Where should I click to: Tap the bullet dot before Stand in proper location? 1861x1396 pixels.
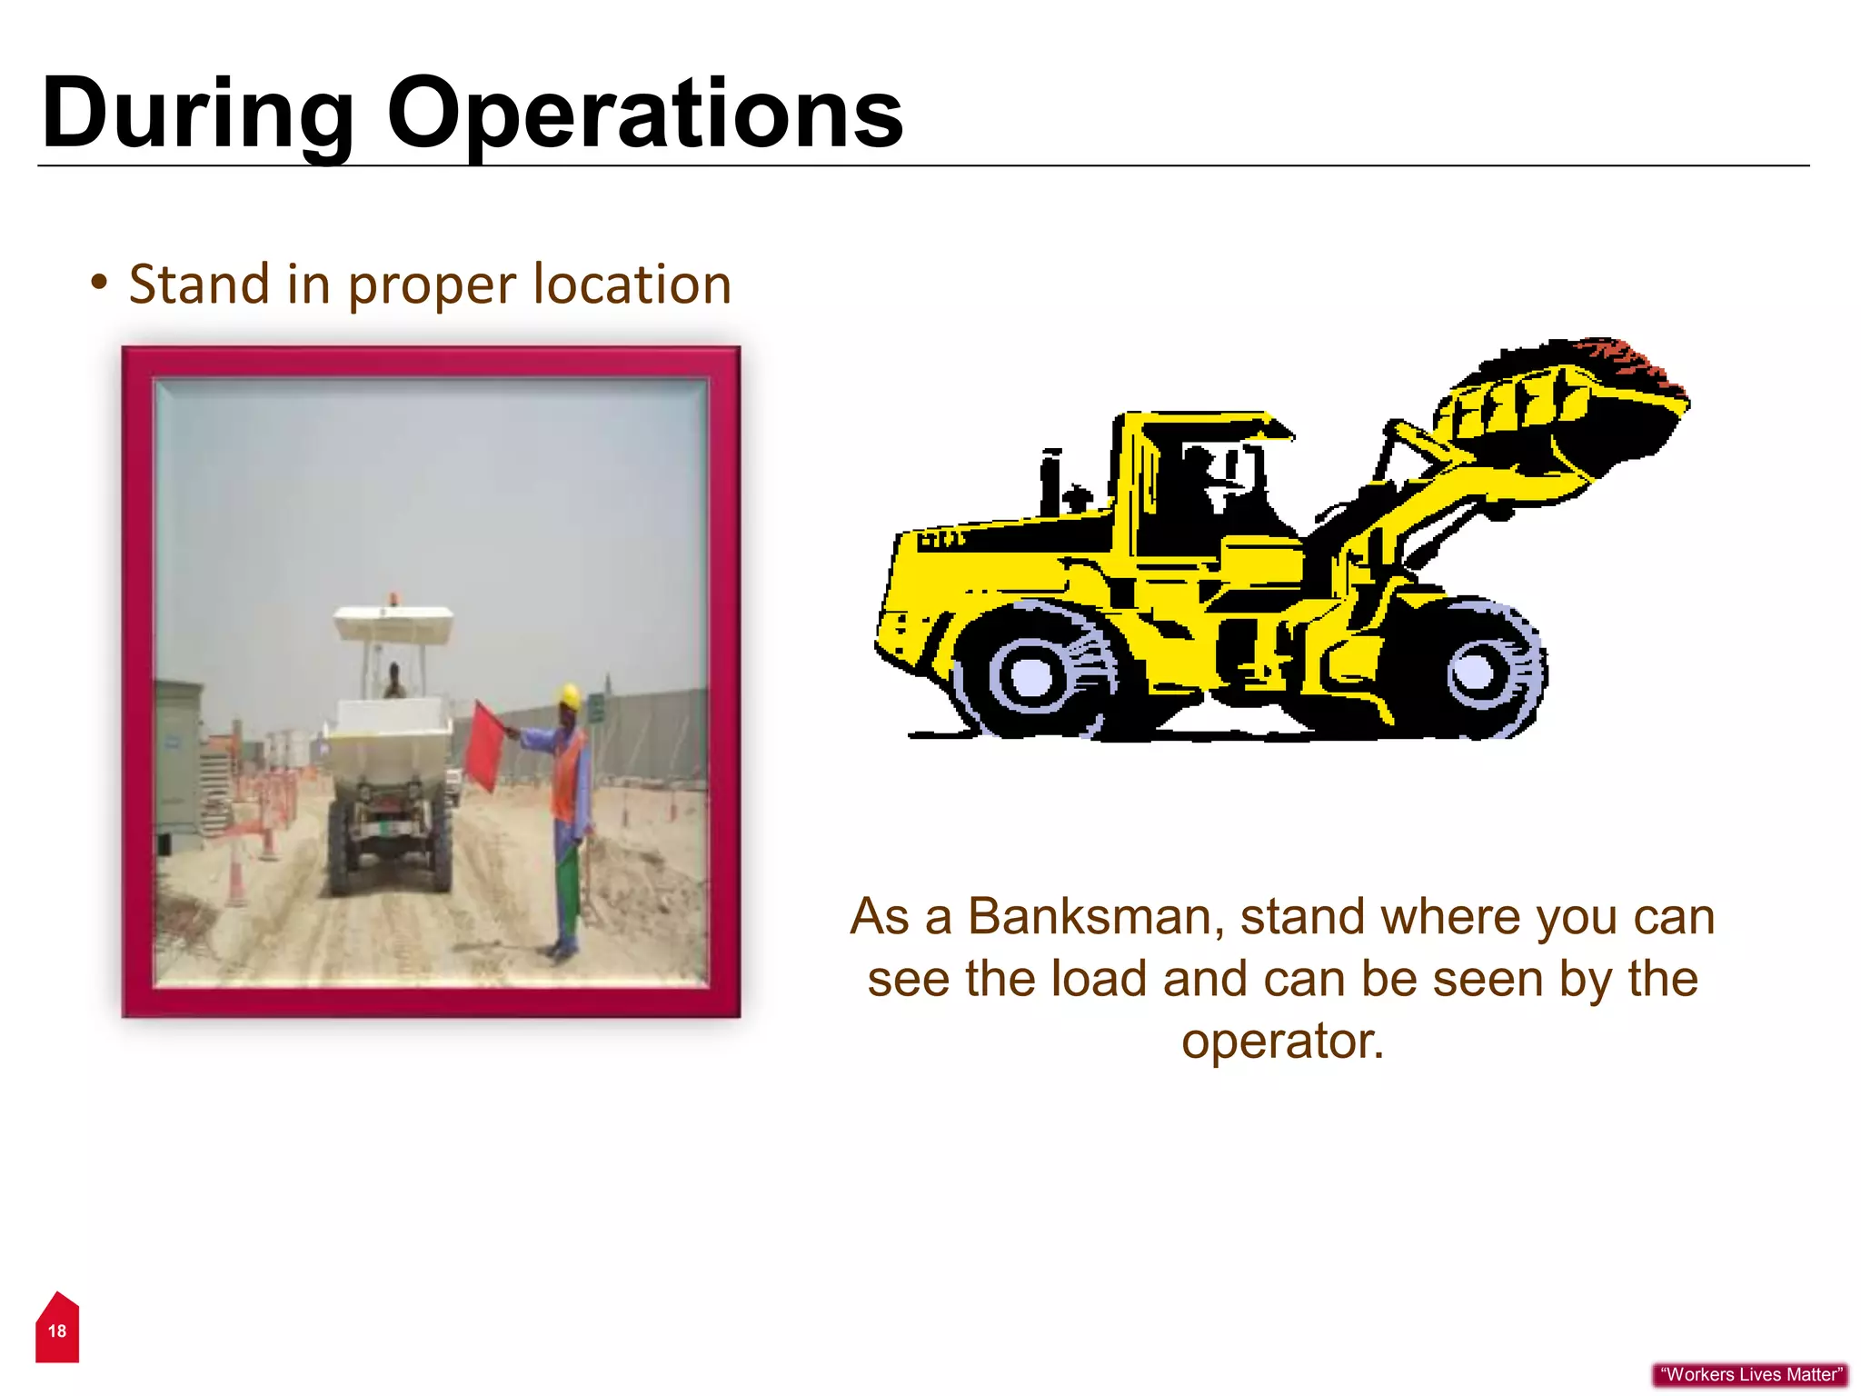(99, 282)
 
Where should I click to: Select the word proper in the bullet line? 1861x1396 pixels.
(433, 285)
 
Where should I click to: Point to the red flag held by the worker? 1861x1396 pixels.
(483, 745)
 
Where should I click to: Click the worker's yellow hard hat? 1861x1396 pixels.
(570, 696)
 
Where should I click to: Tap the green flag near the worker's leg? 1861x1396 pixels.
(567, 882)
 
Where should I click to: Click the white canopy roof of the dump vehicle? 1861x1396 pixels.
(393, 623)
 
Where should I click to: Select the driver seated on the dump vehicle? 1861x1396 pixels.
(394, 681)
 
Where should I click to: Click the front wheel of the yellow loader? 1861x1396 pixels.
(1479, 670)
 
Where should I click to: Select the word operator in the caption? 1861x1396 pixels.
(1281, 1041)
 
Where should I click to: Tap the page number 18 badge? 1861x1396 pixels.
(57, 1330)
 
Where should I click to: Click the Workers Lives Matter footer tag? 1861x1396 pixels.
(1750, 1374)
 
